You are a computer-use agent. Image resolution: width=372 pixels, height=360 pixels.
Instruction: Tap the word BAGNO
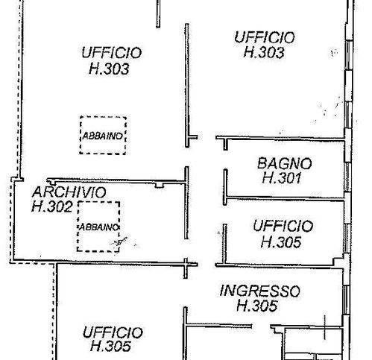coord(284,163)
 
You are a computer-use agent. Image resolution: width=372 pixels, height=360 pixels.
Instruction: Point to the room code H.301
coord(281,178)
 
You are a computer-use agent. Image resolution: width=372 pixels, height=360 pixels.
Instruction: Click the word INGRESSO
coord(259,291)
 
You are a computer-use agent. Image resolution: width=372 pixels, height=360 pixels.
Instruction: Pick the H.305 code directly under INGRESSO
coord(257,306)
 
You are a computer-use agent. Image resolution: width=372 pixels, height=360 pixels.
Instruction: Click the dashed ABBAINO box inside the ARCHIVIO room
coord(98,227)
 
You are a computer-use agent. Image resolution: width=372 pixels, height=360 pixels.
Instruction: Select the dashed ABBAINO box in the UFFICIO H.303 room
coord(104,136)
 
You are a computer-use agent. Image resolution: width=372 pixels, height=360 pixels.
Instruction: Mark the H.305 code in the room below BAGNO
coord(281,241)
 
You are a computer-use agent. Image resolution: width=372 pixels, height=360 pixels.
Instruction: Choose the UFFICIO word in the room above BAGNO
coord(264,37)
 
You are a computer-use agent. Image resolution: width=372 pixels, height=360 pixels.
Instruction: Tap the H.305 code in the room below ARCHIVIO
coord(111,346)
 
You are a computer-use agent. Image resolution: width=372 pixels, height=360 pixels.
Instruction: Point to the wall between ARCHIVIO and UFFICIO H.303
coord(112,180)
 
